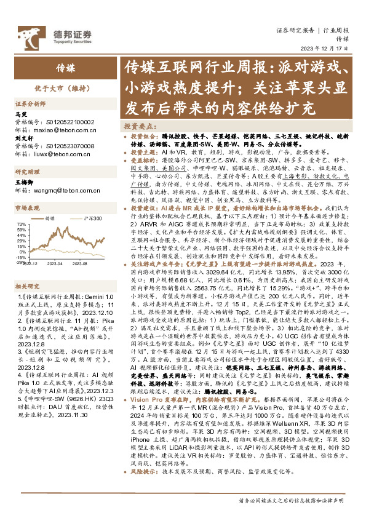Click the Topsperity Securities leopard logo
(25, 33)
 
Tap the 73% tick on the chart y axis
(20, 225)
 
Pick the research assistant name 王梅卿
(23, 183)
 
